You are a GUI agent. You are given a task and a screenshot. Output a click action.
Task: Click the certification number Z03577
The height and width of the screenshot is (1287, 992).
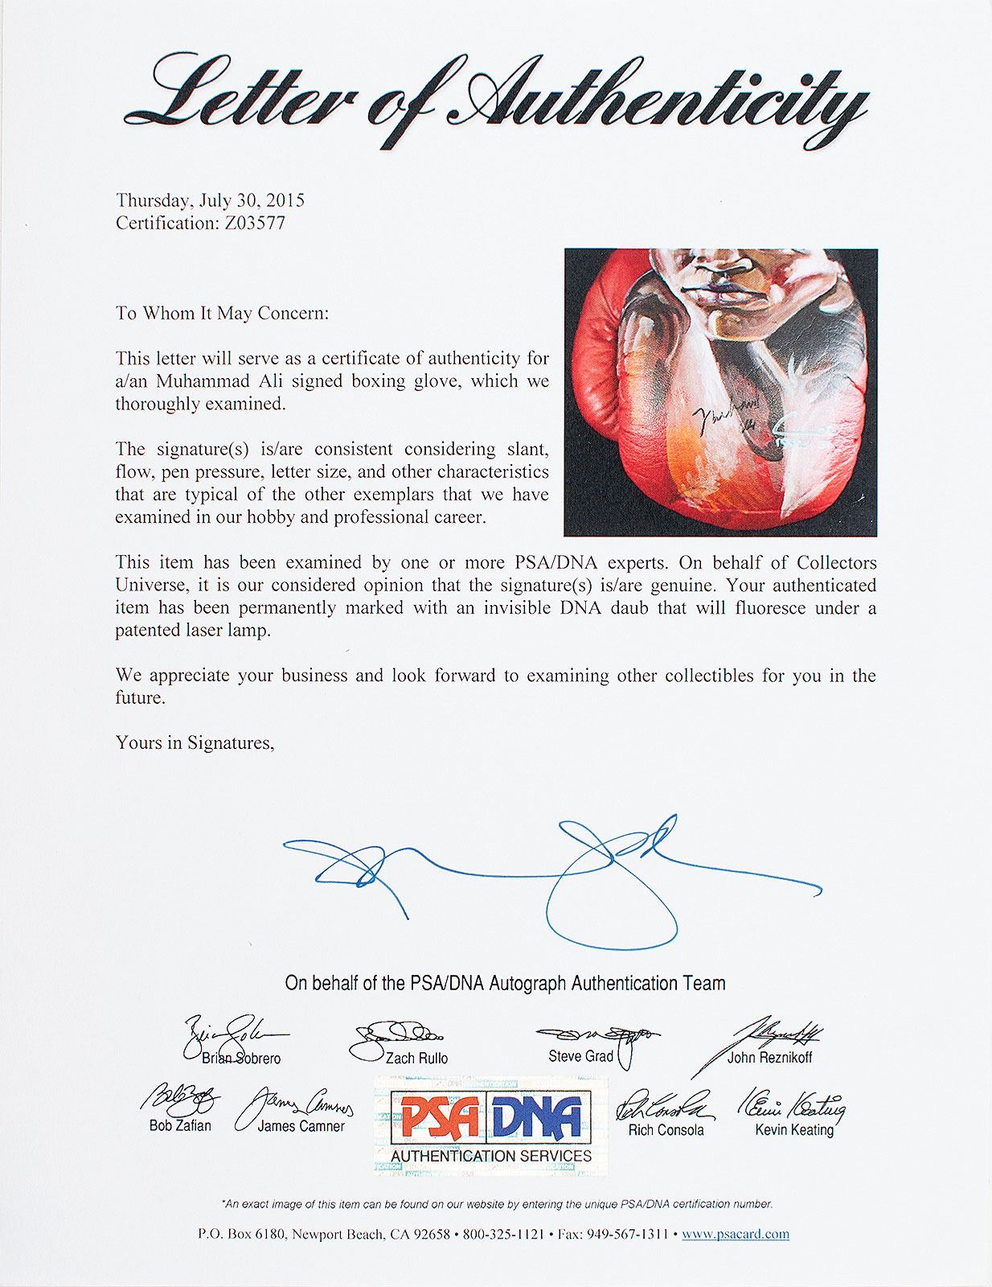click(251, 223)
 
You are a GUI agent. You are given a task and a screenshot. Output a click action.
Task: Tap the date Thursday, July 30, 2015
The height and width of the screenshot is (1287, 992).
click(210, 200)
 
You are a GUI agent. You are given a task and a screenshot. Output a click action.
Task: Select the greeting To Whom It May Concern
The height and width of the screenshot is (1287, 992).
click(221, 313)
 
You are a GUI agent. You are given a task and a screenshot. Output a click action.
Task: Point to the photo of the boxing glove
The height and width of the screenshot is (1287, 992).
click(720, 393)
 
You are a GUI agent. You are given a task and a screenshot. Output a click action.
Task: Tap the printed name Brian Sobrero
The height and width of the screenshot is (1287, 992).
click(241, 1058)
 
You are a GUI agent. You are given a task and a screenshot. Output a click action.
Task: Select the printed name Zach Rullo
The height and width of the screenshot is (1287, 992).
click(416, 1058)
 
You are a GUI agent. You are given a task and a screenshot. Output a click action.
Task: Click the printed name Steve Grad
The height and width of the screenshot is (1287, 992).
click(580, 1055)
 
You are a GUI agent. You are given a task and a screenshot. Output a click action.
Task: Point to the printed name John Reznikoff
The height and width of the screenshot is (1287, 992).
click(769, 1057)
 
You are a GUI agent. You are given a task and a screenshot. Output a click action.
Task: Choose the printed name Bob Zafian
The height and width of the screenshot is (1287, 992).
click(180, 1125)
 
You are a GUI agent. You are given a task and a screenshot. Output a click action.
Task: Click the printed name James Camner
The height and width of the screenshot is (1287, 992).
click(301, 1126)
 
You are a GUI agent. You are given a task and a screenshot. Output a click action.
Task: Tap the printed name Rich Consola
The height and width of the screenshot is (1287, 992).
click(666, 1129)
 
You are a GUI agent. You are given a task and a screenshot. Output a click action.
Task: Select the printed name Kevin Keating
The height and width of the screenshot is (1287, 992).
click(794, 1129)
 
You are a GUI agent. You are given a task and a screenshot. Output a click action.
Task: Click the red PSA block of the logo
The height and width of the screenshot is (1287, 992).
click(441, 1119)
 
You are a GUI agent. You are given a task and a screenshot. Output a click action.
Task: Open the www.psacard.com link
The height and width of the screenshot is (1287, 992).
click(735, 1234)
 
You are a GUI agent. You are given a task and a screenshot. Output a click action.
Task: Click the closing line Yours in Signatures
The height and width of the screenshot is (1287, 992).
click(195, 742)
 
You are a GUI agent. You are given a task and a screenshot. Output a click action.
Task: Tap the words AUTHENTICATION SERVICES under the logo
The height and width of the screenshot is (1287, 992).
click(491, 1156)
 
